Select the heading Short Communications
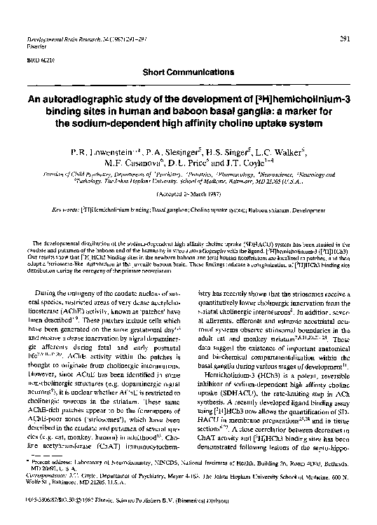(188, 72)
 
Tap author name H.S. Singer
(224, 151)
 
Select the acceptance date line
(188, 193)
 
